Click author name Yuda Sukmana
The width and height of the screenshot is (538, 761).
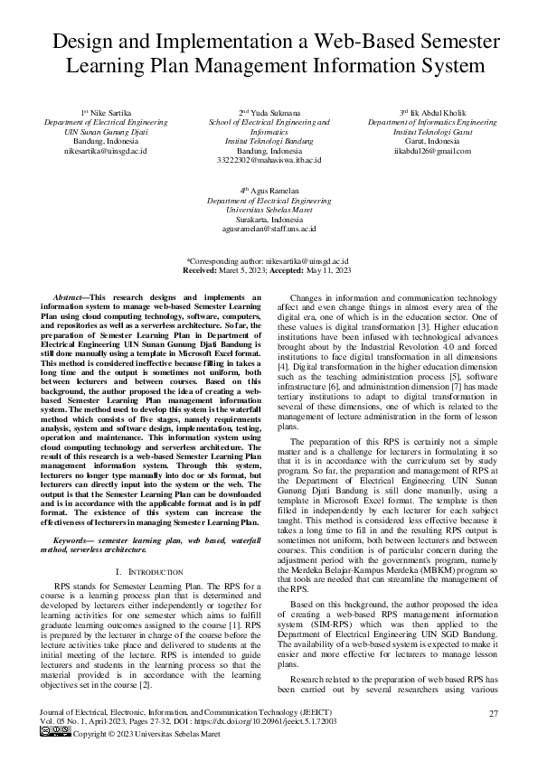pyautogui.click(x=269, y=111)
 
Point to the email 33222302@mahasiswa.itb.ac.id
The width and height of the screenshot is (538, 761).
pyautogui.click(x=269, y=160)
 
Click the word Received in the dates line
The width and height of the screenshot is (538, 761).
pyautogui.click(x=200, y=269)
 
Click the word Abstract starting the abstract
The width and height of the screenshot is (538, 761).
pyautogui.click(x=71, y=296)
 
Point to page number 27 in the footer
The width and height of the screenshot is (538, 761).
pyautogui.click(x=494, y=714)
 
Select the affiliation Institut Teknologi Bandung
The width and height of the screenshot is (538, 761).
pyautogui.click(x=269, y=141)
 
